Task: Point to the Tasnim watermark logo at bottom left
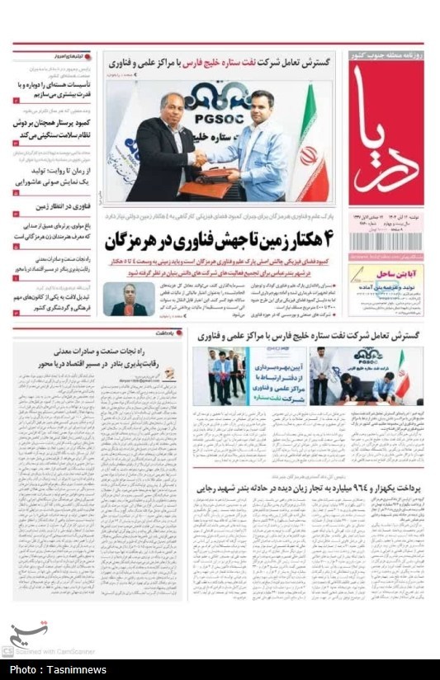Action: tap(26, 635)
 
